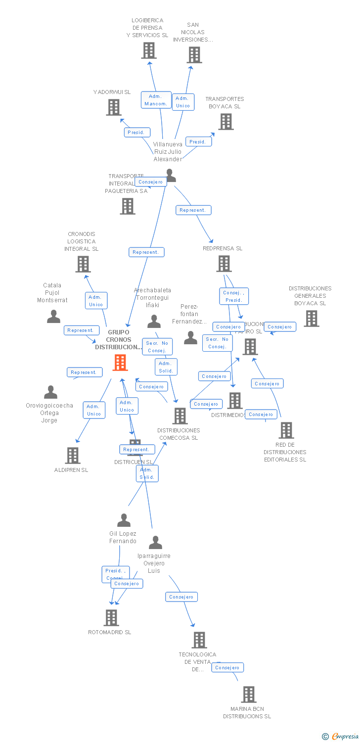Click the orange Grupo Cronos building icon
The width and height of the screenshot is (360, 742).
120,363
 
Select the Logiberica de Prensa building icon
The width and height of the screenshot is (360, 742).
149,50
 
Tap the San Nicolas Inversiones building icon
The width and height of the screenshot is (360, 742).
194,55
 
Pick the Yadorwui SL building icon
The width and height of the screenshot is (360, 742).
114,107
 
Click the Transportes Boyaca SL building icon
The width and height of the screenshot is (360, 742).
226,122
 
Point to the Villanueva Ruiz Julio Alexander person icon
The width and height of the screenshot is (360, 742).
170,175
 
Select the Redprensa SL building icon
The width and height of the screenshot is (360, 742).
224,264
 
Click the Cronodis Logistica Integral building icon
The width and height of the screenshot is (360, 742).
83,264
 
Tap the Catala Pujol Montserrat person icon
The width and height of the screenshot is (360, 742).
53,317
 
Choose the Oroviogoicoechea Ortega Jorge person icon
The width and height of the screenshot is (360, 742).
50,392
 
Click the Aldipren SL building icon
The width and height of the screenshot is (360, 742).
73,456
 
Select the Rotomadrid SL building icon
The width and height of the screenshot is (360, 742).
111,618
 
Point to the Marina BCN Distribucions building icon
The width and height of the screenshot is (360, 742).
249,695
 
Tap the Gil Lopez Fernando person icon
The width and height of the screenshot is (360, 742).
124,520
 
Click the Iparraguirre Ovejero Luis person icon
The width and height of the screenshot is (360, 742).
155,543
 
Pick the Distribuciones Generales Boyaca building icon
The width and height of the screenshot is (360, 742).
312,319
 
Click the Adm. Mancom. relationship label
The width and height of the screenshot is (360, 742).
156,100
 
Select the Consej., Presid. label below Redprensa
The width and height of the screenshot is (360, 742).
234,296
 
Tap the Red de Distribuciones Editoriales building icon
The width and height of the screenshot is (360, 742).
286,430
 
